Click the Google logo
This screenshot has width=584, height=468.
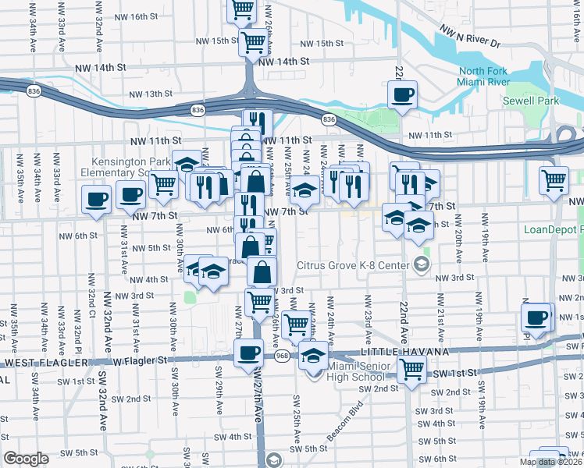click(26, 459)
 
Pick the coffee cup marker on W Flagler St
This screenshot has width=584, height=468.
click(249, 353)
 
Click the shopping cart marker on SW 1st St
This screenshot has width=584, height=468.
click(411, 370)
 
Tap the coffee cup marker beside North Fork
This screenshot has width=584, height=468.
click(402, 95)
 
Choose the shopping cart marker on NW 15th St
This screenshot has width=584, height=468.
click(253, 42)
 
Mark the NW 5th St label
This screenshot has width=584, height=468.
click(151, 248)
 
